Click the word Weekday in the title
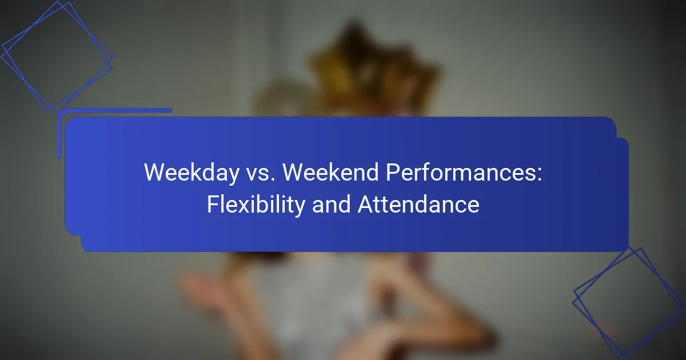192,173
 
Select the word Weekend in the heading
330,173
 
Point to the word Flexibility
256,205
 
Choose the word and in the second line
331,205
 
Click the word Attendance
418,205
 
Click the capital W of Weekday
157,173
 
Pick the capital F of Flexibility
213,204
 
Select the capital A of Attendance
366,204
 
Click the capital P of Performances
393,173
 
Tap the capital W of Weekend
296,173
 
